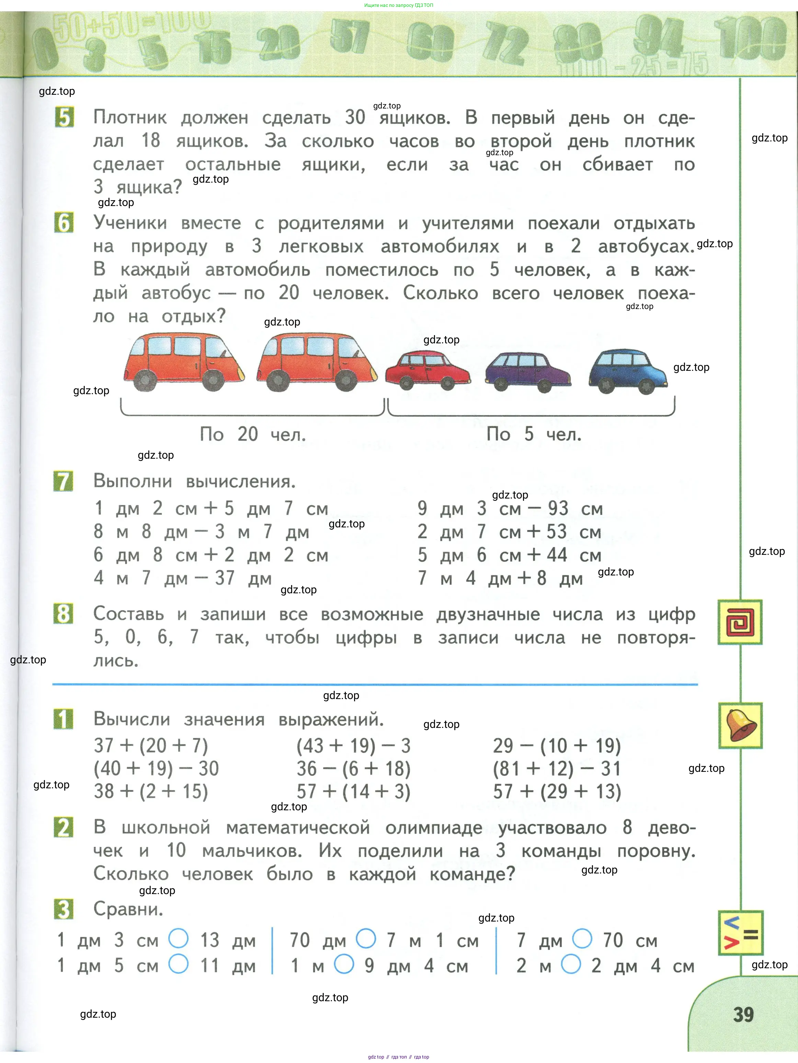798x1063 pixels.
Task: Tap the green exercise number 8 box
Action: point(64,614)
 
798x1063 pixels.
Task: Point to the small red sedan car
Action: point(427,370)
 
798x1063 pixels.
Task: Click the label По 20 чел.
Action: point(252,434)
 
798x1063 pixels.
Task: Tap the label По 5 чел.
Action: point(534,434)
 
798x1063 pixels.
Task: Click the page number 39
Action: point(743,1014)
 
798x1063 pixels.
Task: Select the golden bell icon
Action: point(740,725)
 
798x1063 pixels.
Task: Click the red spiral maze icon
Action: point(740,622)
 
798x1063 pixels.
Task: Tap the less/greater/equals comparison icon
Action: point(740,933)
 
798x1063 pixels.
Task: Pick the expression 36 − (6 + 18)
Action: point(353,769)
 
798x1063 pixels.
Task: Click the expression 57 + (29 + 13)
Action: point(557,791)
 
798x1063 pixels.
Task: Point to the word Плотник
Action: point(130,117)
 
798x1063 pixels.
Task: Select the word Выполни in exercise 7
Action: point(133,481)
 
